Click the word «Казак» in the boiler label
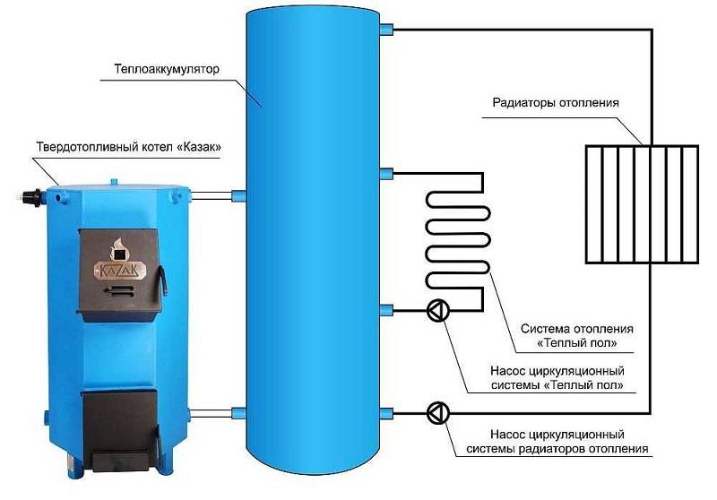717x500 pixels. point(200,146)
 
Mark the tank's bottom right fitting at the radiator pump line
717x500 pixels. point(387,412)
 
